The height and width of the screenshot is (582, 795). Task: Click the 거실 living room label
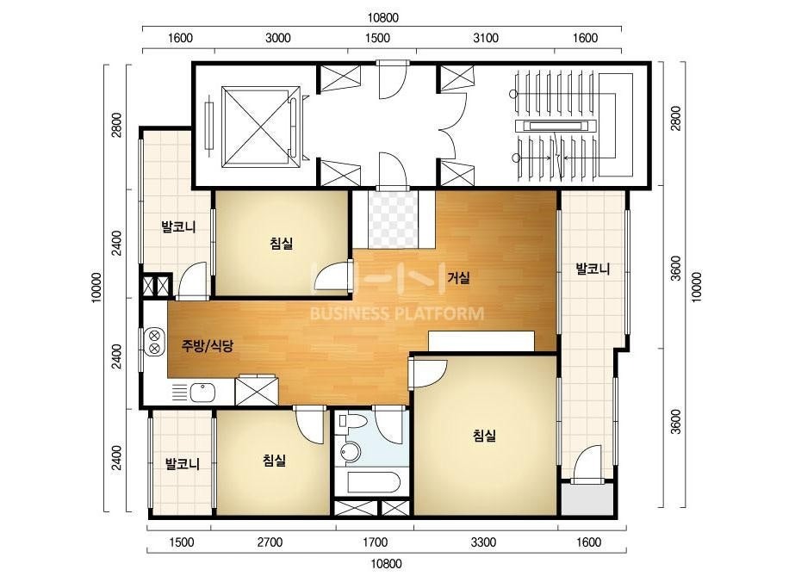(x=458, y=278)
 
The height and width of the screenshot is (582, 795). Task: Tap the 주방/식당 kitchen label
(x=208, y=346)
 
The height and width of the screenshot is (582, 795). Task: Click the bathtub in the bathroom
(x=374, y=483)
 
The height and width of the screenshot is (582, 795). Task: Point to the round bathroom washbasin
(x=350, y=450)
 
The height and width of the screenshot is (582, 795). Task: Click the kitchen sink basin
(x=202, y=392)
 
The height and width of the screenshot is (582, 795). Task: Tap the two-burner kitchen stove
(x=154, y=341)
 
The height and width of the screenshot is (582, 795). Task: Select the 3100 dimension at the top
(x=485, y=38)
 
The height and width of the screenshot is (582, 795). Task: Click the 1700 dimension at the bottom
(x=375, y=542)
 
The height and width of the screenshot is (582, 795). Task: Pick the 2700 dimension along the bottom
(x=270, y=542)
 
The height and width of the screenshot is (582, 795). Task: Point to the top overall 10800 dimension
(x=382, y=18)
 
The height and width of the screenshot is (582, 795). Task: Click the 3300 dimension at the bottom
(x=483, y=542)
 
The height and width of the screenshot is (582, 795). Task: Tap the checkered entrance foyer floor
(x=394, y=219)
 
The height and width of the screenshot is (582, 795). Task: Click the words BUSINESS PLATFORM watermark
(x=396, y=313)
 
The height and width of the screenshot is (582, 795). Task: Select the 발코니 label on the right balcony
(x=593, y=269)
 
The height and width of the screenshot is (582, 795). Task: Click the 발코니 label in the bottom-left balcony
(x=183, y=463)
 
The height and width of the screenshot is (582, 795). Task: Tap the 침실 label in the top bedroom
(x=282, y=244)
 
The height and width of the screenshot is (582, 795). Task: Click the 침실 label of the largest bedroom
(x=484, y=435)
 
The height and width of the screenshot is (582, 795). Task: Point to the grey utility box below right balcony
(x=588, y=500)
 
